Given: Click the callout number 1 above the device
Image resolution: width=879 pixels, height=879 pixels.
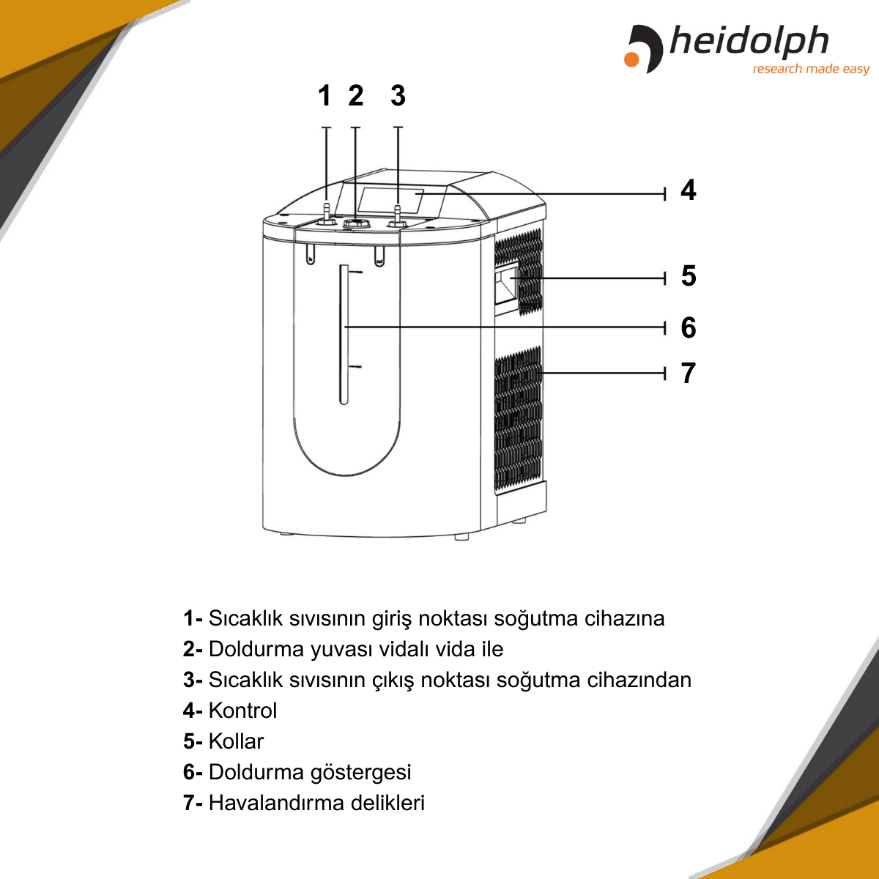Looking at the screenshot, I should (324, 96).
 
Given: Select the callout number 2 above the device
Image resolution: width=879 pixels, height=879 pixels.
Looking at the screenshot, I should (356, 96).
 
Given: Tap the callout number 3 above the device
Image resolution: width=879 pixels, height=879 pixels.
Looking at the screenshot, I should (398, 96).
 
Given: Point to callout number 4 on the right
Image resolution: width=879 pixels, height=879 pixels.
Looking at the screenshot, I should (688, 190).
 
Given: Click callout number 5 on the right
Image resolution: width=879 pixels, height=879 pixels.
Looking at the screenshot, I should (688, 276).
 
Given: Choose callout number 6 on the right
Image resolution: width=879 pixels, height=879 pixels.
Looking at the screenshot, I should (688, 327).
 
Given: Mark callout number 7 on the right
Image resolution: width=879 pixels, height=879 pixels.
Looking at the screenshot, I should (688, 374).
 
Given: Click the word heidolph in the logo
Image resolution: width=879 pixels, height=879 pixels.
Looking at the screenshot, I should (749, 42).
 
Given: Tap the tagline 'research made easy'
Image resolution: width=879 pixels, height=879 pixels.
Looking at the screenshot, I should (810, 69).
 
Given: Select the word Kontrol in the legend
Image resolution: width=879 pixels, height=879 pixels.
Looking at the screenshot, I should (242, 711).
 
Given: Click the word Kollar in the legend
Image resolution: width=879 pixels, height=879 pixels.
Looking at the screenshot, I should (236, 741).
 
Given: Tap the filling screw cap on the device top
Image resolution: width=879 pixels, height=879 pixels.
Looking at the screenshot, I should (357, 221).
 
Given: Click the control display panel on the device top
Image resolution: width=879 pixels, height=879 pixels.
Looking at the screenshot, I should (390, 200).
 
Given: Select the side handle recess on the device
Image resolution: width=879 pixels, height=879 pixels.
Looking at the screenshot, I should (505, 286).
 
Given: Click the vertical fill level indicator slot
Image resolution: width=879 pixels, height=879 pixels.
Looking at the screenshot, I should (343, 334).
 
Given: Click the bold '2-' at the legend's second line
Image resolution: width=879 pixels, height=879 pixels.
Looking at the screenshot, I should (193, 649).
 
